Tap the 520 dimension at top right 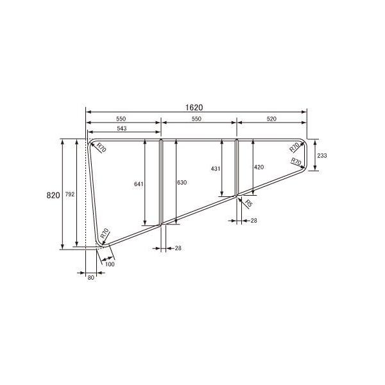point(272,119)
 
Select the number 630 point(182,183)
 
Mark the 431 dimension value point(216,168)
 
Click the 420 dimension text point(259,167)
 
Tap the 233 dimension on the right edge point(322,156)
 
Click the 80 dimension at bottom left point(90,277)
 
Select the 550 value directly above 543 point(121,119)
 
